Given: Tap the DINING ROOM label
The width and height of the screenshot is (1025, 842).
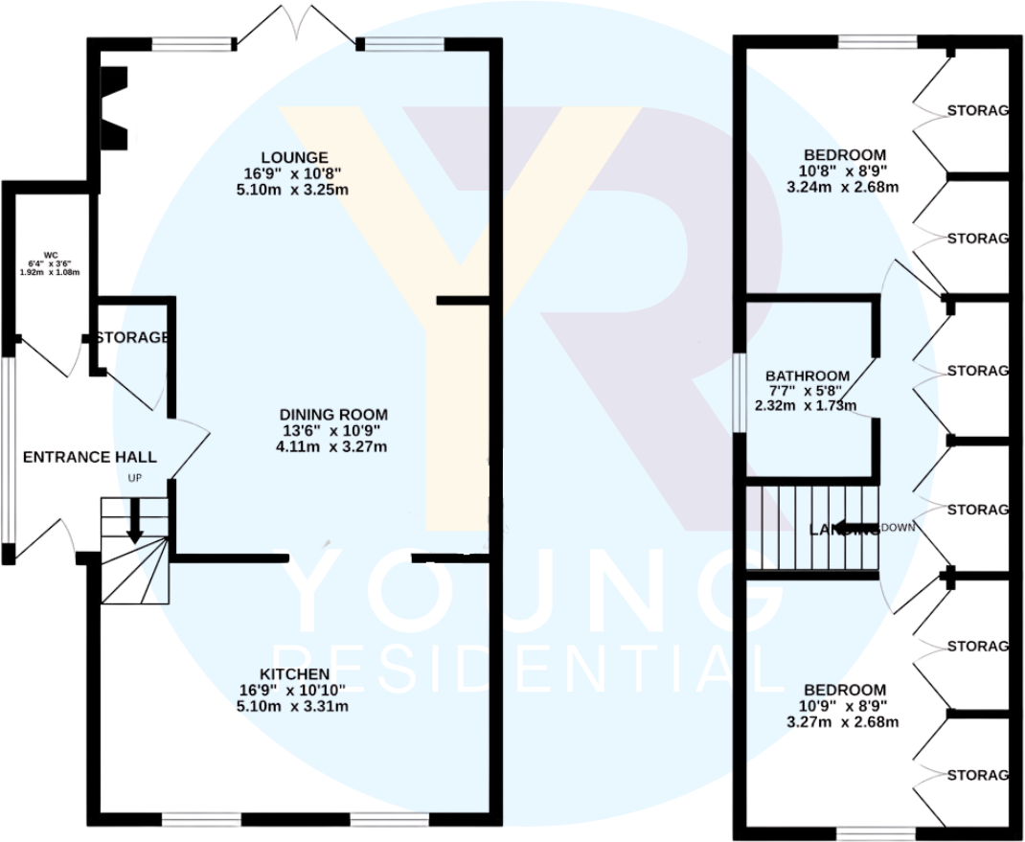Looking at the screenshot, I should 333,415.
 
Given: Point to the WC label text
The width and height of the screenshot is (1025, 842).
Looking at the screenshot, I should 37,257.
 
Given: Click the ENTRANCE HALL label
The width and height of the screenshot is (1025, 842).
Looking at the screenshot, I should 89,457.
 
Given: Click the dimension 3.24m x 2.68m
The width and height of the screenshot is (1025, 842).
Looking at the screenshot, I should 843,187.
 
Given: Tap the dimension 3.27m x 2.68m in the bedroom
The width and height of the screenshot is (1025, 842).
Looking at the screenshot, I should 843,721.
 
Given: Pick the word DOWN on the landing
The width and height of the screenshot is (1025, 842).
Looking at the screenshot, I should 898,528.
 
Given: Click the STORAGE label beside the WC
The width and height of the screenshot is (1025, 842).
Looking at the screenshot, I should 132,338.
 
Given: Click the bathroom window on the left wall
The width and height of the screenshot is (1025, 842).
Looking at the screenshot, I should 740,392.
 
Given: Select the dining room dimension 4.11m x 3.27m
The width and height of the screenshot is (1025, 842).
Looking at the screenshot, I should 333,446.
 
